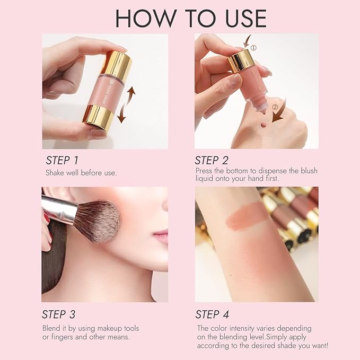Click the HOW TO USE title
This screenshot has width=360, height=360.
[190, 17]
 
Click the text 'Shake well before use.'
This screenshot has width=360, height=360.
[81, 173]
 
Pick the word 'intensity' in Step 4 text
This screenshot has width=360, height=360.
[244, 328]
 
